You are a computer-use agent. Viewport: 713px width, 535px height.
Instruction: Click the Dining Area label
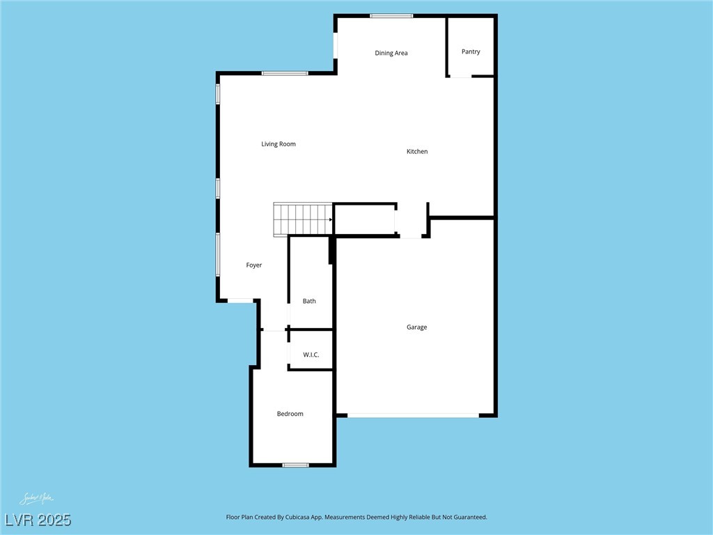(391, 53)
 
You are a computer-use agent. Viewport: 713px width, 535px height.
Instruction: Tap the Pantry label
(471, 52)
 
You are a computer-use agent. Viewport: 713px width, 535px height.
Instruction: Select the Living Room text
(279, 144)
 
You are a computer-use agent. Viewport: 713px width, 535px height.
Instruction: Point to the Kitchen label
(417, 151)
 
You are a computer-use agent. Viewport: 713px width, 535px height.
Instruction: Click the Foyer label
(254, 265)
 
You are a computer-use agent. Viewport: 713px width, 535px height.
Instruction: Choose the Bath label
(309, 301)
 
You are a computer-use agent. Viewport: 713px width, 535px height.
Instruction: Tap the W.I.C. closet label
(311, 355)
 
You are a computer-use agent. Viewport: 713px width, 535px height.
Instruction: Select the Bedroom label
(290, 414)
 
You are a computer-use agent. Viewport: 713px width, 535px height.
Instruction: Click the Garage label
(417, 327)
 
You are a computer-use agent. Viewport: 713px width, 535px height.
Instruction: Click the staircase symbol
(303, 219)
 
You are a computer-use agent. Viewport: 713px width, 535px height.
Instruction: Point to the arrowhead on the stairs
(331, 219)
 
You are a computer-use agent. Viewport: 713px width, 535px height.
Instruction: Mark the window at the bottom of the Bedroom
(296, 465)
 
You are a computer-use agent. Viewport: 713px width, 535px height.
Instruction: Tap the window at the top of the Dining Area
(391, 15)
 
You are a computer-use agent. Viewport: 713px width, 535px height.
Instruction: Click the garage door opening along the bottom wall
(413, 416)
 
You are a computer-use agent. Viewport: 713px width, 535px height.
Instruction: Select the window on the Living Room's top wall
(285, 73)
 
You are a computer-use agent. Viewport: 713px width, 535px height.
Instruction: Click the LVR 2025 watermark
(38, 520)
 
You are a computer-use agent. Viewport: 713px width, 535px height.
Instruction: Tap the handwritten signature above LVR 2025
(36, 499)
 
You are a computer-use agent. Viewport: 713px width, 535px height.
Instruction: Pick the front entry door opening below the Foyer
(241, 301)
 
